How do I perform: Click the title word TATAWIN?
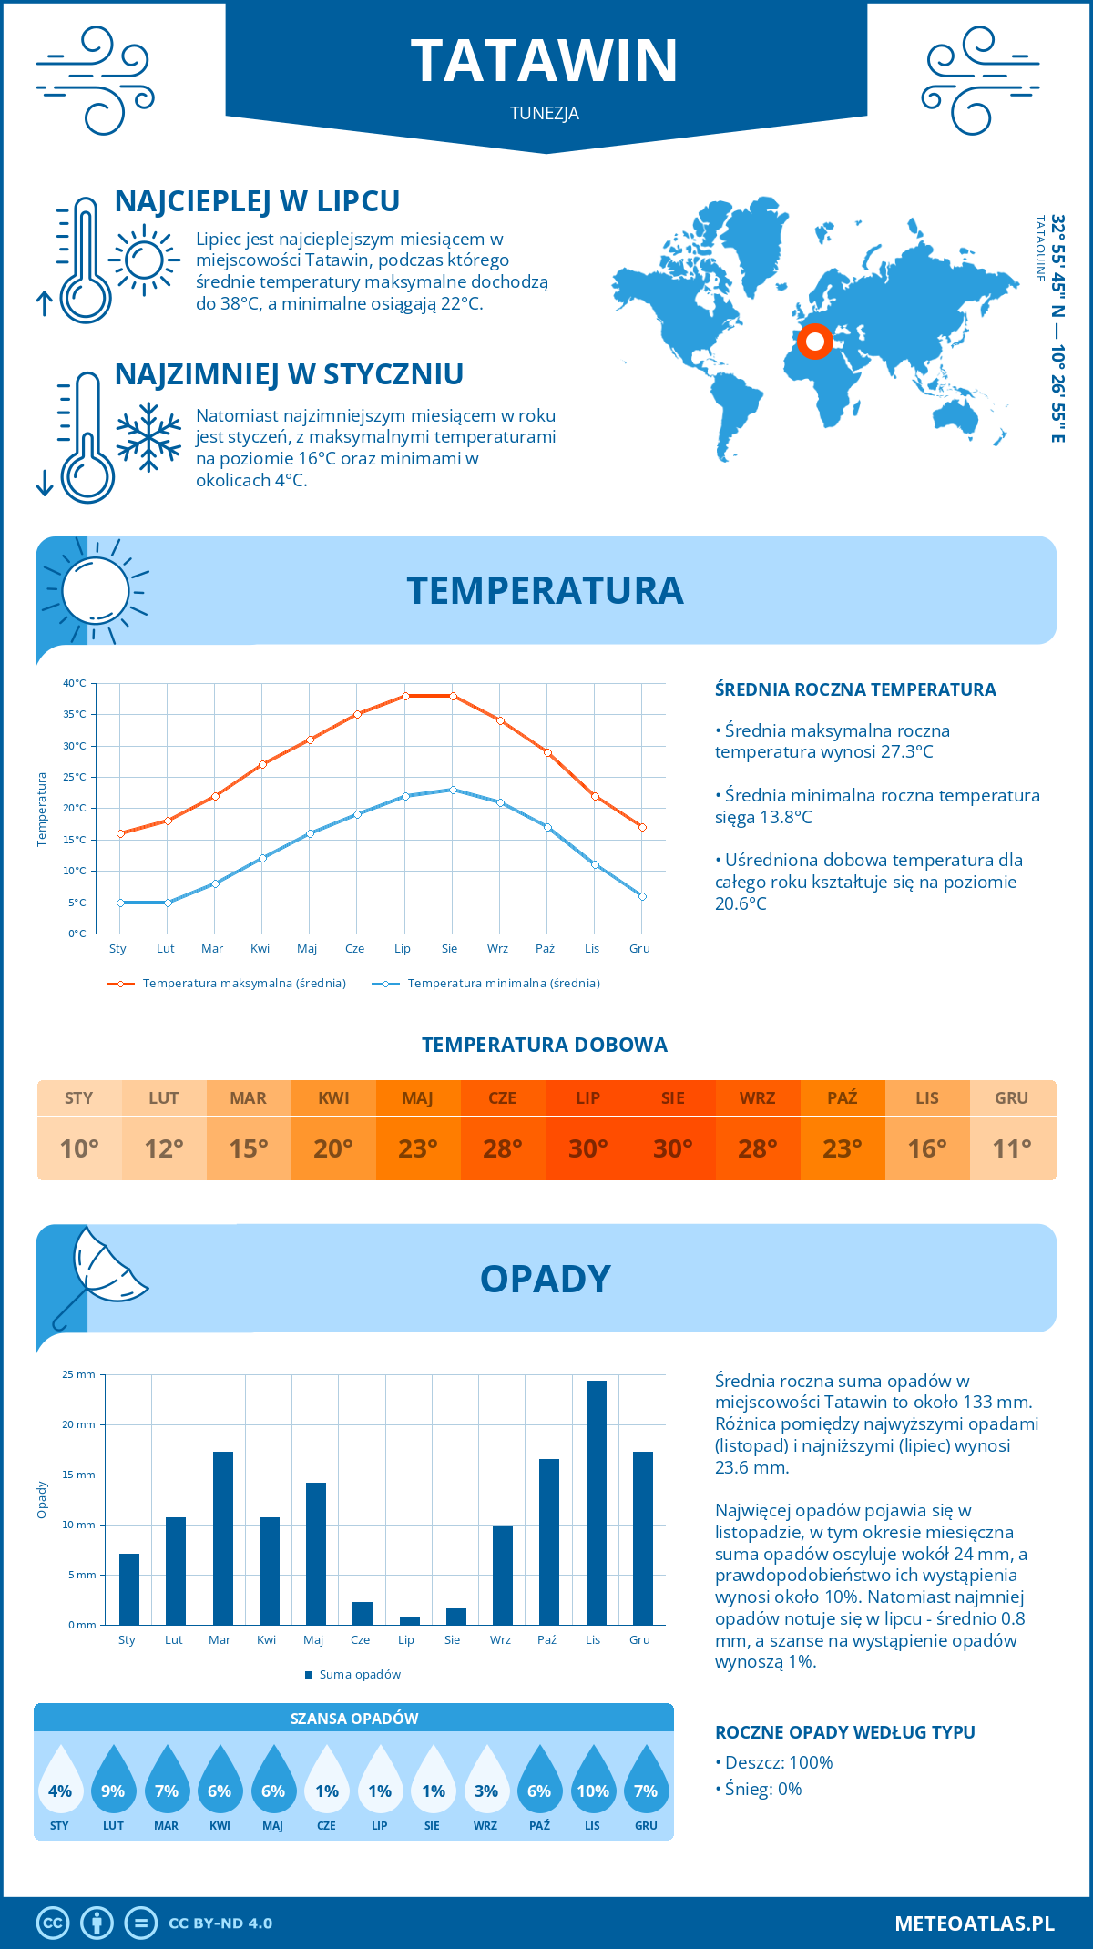pyautogui.click(x=545, y=61)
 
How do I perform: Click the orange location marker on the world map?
pyautogui.click(x=814, y=342)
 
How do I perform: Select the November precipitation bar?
pyautogui.click(x=597, y=1503)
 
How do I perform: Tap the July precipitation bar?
pyautogui.click(x=410, y=1620)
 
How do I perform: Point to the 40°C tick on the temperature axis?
pyautogui.click(x=75, y=683)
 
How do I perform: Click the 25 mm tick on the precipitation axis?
pyautogui.click(x=79, y=1374)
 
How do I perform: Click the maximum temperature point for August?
pyautogui.click(x=453, y=696)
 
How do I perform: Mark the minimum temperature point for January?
pyautogui.click(x=120, y=903)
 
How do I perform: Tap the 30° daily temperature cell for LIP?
pyautogui.click(x=587, y=1148)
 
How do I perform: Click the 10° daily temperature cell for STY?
pyautogui.click(x=79, y=1148)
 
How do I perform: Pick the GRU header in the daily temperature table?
pyautogui.click(x=1012, y=1098)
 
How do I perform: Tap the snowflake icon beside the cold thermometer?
pyautogui.click(x=148, y=437)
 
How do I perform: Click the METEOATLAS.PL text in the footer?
pyautogui.click(x=974, y=1923)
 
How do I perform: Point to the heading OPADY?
pyautogui.click(x=545, y=1279)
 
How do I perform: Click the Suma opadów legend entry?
pyautogui.click(x=359, y=1675)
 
